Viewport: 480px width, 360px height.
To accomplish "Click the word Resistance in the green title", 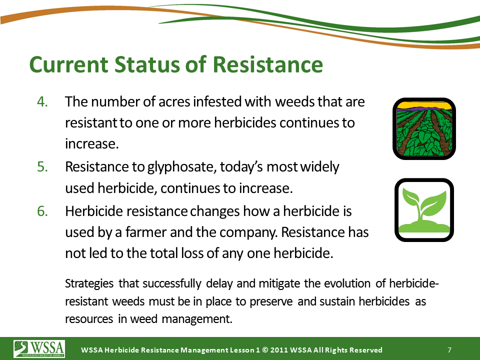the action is pos(267,64).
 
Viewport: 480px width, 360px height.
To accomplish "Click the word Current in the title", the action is pos(69,64).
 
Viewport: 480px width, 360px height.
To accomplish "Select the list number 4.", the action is pos(42,101).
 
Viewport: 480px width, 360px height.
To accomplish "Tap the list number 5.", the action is pos(42,167).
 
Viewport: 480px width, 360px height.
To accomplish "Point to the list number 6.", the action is pos(42,211).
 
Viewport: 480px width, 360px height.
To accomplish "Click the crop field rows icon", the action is pos(424,128).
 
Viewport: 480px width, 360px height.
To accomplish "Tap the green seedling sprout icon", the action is pos(424,210).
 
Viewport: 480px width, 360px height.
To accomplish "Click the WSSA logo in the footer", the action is pos(39,348).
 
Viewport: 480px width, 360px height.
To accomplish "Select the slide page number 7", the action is pos(449,350).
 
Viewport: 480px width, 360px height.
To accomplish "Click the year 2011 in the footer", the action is pos(278,350).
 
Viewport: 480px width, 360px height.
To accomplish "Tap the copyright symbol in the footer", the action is pos(265,350).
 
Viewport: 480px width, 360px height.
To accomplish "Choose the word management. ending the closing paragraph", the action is pos(197,319).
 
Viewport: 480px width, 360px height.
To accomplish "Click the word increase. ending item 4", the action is pos(92,144).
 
